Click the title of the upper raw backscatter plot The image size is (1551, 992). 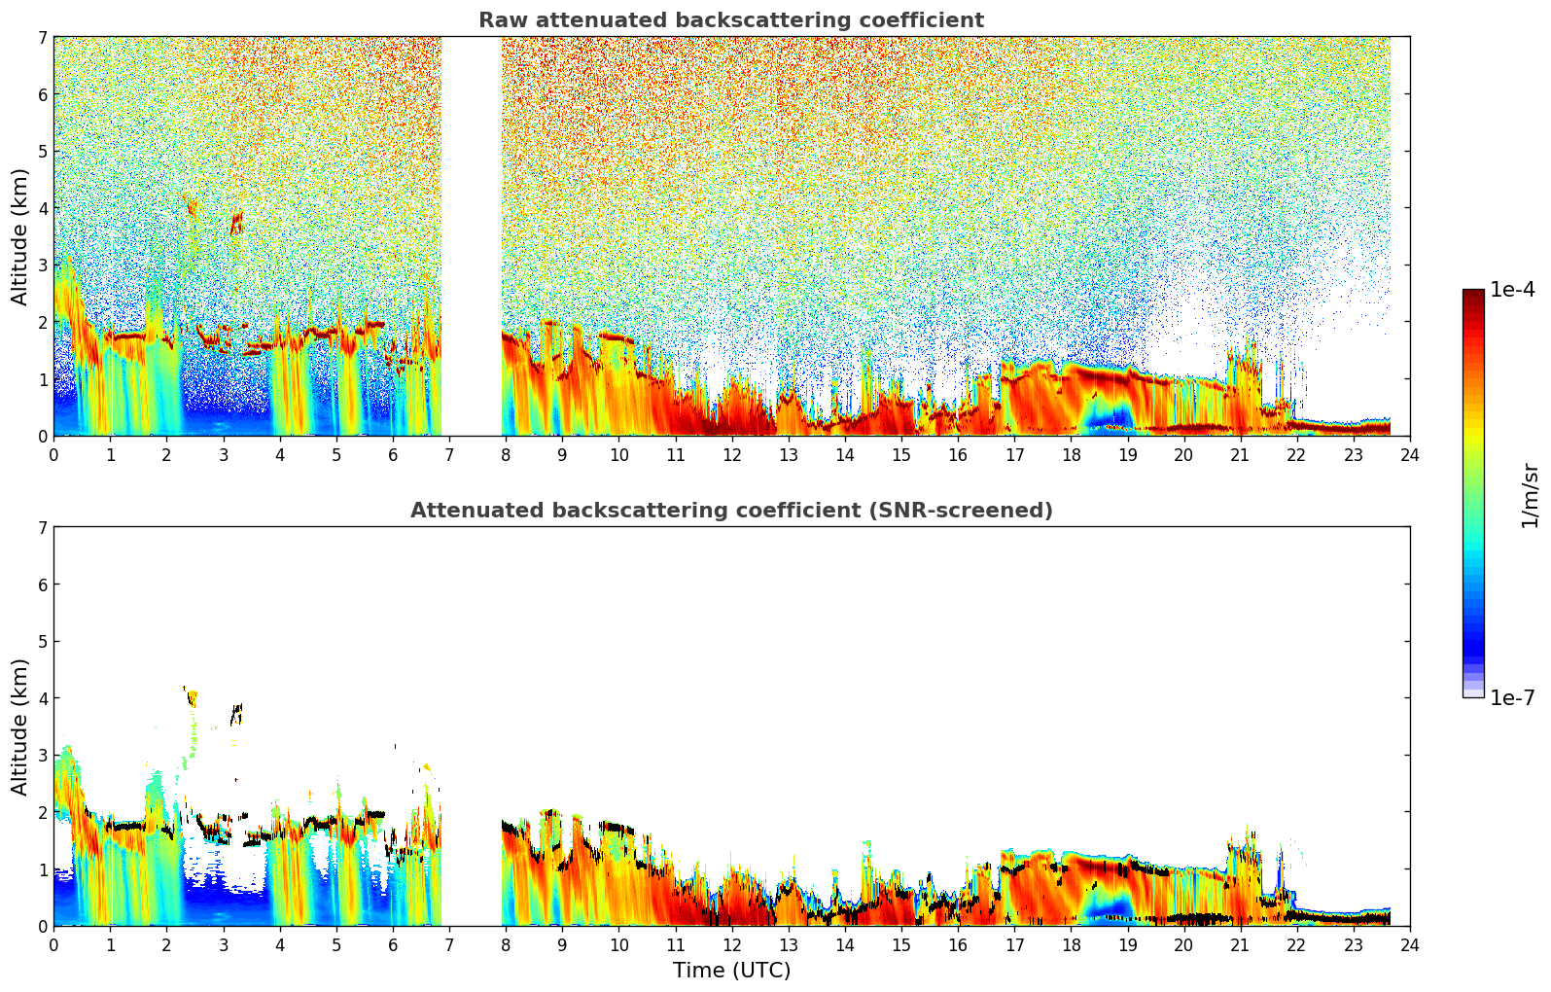(x=731, y=20)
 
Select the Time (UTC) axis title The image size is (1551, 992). (x=731, y=970)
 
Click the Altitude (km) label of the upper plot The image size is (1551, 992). (x=19, y=237)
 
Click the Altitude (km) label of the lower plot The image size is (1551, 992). (x=19, y=726)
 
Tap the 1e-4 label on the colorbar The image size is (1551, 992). (x=1512, y=290)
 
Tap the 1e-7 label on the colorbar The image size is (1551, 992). (x=1512, y=697)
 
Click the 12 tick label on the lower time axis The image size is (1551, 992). (x=732, y=945)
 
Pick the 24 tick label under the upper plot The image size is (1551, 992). (x=1410, y=455)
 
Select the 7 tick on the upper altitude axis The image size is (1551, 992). (x=43, y=37)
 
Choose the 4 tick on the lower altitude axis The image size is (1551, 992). (x=43, y=698)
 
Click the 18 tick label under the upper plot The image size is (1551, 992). (x=1072, y=455)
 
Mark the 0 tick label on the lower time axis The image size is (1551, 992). (x=54, y=945)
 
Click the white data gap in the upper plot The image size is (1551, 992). (x=472, y=236)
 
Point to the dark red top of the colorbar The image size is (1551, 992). (x=1473, y=295)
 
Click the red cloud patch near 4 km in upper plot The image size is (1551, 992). (x=237, y=223)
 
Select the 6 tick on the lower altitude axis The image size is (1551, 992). (x=43, y=584)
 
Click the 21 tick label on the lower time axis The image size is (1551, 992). (x=1240, y=945)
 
